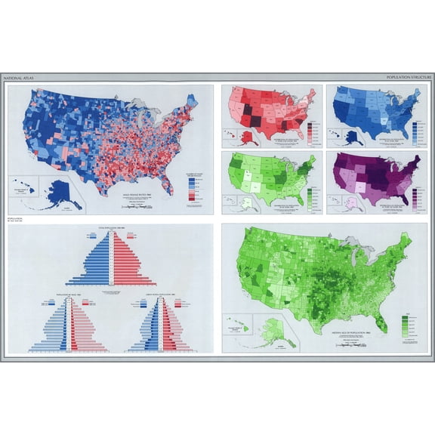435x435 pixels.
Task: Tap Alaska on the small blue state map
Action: click(353, 137)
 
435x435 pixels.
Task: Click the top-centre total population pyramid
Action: click(111, 261)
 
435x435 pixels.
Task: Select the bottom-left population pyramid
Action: click(69, 325)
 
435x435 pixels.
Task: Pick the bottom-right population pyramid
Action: click(160, 325)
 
